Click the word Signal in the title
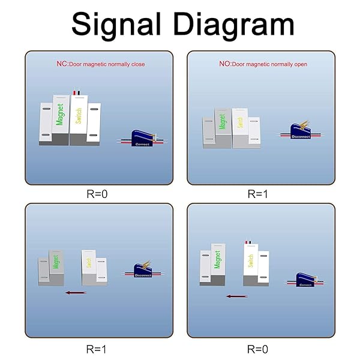click(116, 25)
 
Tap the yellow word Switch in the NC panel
click(79, 115)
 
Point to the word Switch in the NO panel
click(240, 120)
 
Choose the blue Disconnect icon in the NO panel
click(300, 133)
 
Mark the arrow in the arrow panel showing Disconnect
click(75, 293)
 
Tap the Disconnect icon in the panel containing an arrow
click(143, 271)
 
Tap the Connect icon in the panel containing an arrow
click(305, 280)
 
